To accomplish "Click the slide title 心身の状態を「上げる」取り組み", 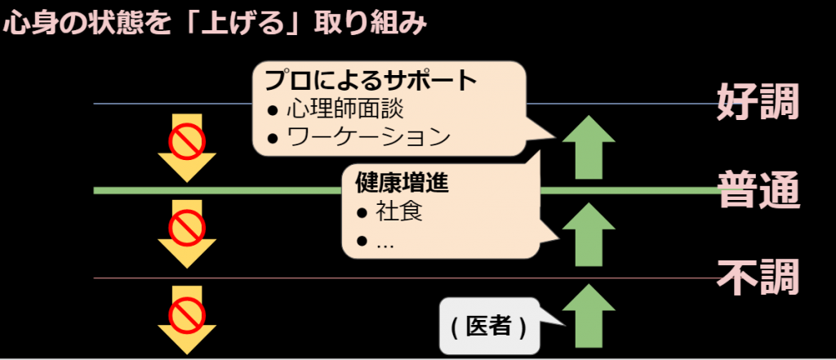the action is coord(215,24).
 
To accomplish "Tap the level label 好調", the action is coord(758,102).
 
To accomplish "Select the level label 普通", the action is coord(758,190).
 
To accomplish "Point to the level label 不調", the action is coord(758,278).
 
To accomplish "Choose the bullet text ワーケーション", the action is coord(368,138).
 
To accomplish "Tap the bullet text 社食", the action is coord(398,211).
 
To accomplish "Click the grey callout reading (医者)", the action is coord(489,327).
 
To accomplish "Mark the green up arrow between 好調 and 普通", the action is coord(589,147).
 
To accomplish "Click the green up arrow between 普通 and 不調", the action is coord(589,234).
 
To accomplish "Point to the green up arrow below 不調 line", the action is coord(589,316).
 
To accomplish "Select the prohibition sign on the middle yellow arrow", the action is coord(187,228).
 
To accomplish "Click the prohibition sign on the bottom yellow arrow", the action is coord(187,313).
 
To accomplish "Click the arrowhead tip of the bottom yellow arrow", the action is coord(187,354).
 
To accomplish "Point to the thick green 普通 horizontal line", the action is coord(405,190).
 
